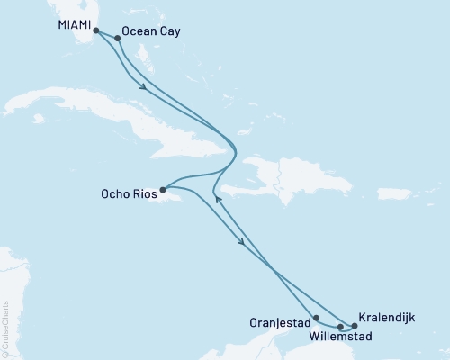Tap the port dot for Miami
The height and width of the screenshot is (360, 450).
[96, 31]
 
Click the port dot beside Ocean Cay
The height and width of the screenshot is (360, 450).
[118, 38]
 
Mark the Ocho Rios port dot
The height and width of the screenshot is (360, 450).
[162, 191]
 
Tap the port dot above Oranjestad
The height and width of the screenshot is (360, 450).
[316, 318]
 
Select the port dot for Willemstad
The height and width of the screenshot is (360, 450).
[340, 326]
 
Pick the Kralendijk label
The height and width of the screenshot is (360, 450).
[386, 317]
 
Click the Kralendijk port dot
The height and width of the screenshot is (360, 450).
[354, 326]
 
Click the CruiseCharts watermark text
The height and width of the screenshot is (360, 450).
[5, 328]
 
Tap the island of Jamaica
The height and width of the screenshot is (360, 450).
[184, 203]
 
